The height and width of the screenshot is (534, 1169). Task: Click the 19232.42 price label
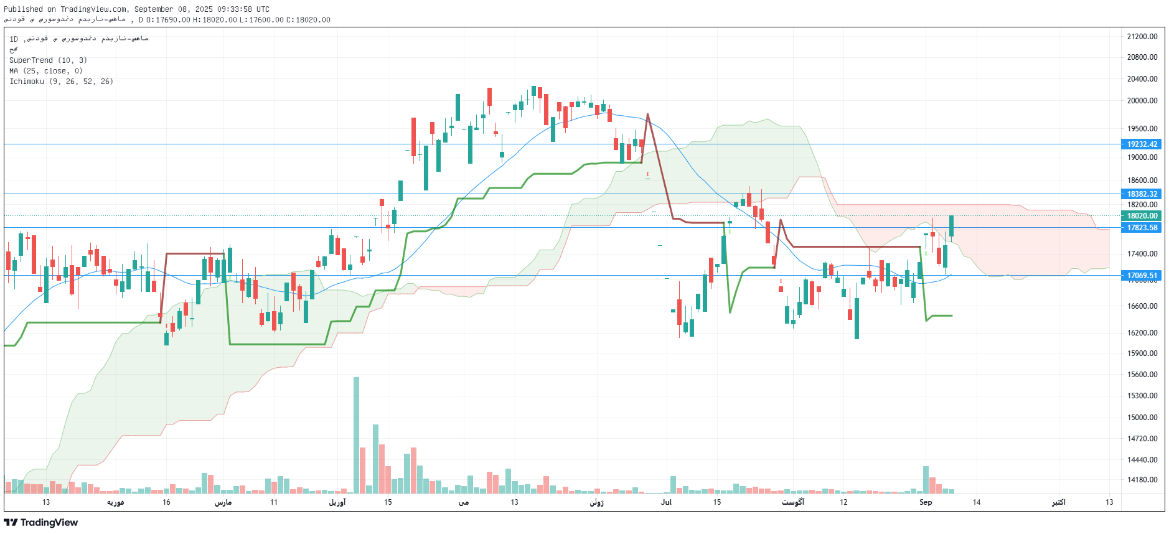point(1142,144)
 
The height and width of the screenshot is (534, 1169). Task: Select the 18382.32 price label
point(1142,194)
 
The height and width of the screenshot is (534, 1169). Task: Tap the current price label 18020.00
point(1142,216)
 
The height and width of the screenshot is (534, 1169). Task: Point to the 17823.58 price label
point(1142,228)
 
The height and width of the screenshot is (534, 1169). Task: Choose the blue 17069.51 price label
point(1142,276)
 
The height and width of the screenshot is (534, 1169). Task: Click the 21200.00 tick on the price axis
point(1142,37)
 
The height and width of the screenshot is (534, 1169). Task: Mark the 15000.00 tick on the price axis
point(1142,418)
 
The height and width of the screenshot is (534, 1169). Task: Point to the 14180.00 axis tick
point(1142,480)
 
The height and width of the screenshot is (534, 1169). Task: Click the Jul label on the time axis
point(666,502)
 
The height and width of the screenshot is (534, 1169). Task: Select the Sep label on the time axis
point(926,502)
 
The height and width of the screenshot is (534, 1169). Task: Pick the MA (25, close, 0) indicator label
point(45,71)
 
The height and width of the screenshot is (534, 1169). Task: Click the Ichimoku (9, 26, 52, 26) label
point(61,82)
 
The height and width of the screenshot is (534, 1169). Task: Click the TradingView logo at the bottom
point(41,523)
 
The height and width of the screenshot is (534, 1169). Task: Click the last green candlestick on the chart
point(951,227)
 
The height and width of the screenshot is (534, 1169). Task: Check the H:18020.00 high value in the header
point(215,20)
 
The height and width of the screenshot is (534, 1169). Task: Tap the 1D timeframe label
point(14,39)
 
